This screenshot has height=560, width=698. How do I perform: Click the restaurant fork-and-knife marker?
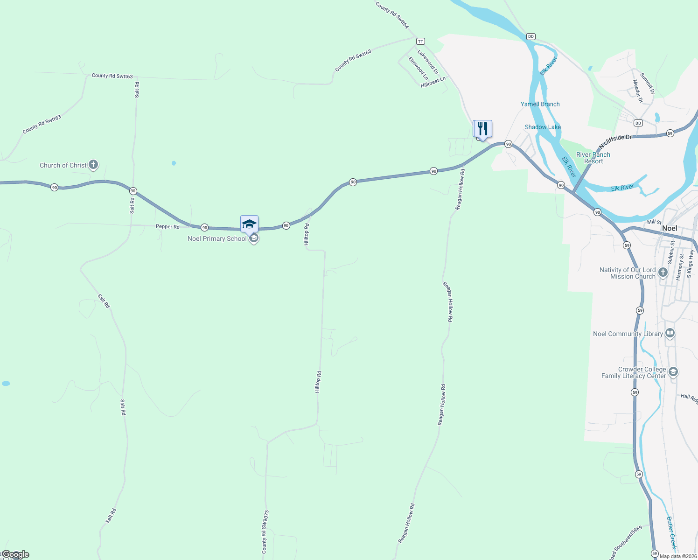(x=482, y=128)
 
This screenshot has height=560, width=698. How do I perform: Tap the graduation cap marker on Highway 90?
(x=249, y=224)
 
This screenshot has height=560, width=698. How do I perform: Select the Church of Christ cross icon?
(x=93, y=164)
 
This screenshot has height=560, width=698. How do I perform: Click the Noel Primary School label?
(x=217, y=238)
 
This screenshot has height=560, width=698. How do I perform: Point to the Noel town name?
(x=670, y=228)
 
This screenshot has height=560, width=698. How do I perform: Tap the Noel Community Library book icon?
(x=670, y=333)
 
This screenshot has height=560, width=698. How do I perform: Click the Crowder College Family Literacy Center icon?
(x=673, y=372)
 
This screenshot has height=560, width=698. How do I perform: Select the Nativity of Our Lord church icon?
(x=663, y=272)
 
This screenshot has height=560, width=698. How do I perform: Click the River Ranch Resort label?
(x=593, y=158)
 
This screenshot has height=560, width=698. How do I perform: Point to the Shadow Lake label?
(x=543, y=127)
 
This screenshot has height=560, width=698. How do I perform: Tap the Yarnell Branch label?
(x=540, y=104)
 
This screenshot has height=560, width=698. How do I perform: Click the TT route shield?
(x=421, y=42)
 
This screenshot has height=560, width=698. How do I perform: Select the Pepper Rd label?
(x=168, y=227)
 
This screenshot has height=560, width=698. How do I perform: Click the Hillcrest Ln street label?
(x=433, y=83)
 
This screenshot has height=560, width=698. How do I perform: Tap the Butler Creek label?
(x=671, y=532)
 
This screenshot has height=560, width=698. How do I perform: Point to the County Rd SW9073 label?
(x=265, y=532)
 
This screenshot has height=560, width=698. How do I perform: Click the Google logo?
(x=16, y=554)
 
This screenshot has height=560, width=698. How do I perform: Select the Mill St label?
(x=654, y=222)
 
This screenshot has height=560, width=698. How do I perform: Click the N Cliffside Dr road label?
(x=615, y=139)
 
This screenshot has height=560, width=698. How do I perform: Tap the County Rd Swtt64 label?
(x=392, y=15)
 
